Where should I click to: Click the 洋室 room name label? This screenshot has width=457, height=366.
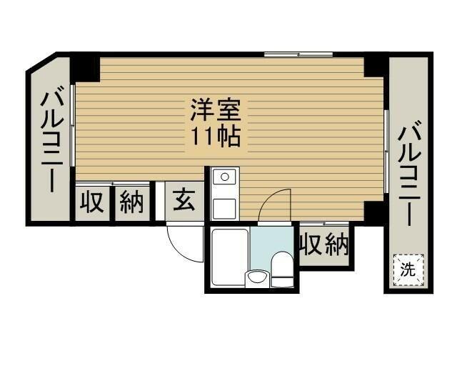[x=216, y=111]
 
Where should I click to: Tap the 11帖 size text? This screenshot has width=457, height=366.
[x=216, y=135]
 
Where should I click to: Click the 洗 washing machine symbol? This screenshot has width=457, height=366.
[x=407, y=269]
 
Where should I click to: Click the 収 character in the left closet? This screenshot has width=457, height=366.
[x=92, y=203]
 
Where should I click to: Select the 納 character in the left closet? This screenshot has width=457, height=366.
[x=131, y=203]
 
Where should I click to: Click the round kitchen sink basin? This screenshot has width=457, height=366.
[x=224, y=177]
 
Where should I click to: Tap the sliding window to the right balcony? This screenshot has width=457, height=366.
[x=386, y=150]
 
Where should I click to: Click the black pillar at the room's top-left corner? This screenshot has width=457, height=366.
[x=86, y=69]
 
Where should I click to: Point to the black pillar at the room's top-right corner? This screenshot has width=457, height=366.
[x=374, y=65]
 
